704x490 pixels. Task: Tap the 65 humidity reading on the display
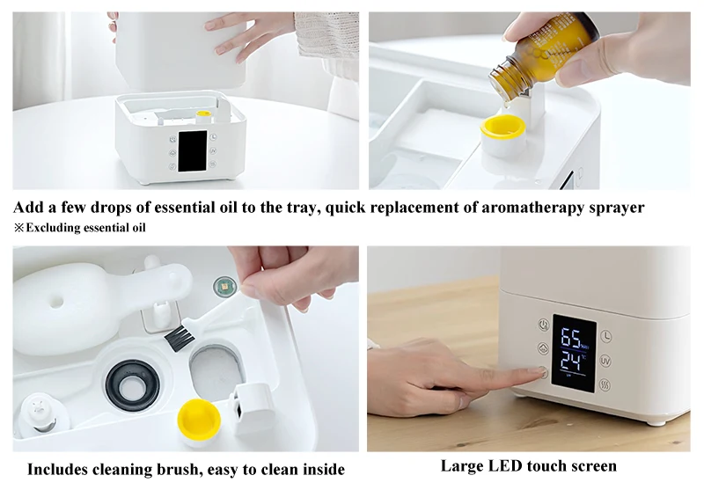click(572, 339)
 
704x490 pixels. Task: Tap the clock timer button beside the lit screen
click(606, 336)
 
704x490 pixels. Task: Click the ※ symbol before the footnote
click(18, 228)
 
